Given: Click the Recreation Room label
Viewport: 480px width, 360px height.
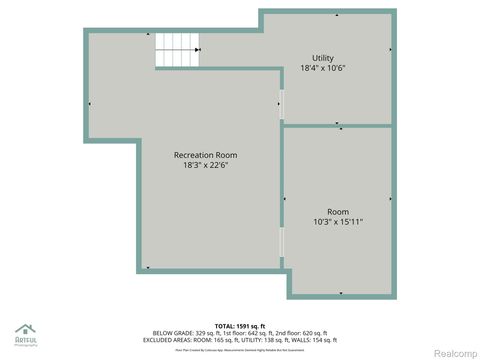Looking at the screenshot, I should click(205, 155).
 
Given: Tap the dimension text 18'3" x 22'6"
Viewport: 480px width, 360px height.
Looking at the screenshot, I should click(205, 166).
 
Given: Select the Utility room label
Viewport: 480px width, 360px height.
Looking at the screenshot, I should click(323, 58).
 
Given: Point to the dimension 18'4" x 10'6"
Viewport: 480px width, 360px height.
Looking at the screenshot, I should click(323, 69).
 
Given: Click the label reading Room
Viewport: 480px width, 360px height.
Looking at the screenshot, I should click(338, 211).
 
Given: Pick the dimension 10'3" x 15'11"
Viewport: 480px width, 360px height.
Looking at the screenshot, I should click(338, 222).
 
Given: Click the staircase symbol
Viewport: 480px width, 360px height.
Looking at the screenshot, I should click(175, 49).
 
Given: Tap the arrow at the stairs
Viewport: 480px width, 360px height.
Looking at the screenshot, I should click(199, 49).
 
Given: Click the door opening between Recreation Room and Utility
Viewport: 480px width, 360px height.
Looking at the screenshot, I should click(282, 104).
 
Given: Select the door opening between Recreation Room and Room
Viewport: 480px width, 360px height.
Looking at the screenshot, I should click(282, 241).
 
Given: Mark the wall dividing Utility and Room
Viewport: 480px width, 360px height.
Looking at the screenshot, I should click(338, 126).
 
